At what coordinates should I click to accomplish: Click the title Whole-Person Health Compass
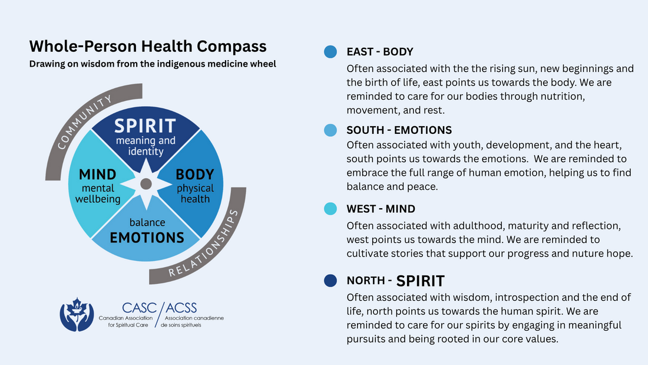[148, 47]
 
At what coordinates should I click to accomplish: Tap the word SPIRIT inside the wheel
[145, 126]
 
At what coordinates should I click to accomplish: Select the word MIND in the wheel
[98, 174]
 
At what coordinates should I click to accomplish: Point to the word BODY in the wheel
[195, 174]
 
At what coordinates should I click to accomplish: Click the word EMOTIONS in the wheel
[147, 238]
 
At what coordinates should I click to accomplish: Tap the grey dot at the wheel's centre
[146, 184]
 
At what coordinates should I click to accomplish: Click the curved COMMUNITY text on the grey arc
[84, 121]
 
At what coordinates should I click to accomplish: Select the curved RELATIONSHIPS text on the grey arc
[204, 244]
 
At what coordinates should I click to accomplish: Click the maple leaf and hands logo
[77, 314]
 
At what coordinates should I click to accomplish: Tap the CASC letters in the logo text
[139, 308]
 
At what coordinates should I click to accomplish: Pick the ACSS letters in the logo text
[181, 308]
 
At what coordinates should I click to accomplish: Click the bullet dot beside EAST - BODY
[330, 52]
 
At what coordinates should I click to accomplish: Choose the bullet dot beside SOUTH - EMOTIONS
[330, 130]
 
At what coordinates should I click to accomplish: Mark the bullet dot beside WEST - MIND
[330, 209]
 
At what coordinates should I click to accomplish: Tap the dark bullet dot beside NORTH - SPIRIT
[330, 281]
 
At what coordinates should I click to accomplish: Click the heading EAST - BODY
[380, 52]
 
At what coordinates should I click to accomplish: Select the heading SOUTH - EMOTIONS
[399, 130]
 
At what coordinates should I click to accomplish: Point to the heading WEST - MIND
[381, 209]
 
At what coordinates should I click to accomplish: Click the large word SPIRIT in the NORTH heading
[420, 281]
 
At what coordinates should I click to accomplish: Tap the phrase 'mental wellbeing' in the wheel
[98, 193]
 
